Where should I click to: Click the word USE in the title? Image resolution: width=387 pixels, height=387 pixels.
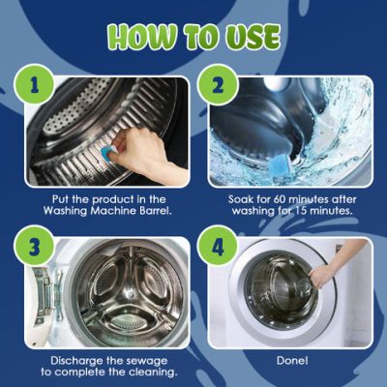point(253,37)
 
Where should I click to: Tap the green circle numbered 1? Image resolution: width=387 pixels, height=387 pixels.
point(36,86)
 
